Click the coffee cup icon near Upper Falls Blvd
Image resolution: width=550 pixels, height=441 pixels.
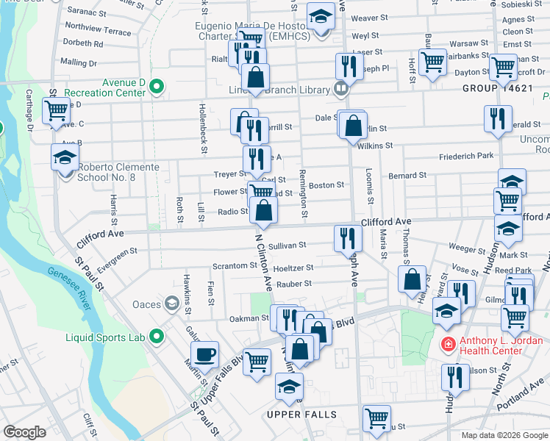pyautogui.click(x=207, y=354)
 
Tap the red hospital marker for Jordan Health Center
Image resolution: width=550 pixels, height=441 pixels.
pyautogui.click(x=447, y=344)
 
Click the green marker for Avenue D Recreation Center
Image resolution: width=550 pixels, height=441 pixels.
pyautogui.click(x=156, y=87)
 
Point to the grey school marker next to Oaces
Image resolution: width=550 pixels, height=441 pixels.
pyautogui.click(x=171, y=304)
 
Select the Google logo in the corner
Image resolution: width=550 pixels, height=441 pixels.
pyautogui.click(x=24, y=432)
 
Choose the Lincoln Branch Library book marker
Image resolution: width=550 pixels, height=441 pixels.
pyautogui.click(x=340, y=90)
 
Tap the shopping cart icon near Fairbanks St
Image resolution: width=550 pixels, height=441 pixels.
pyautogui.click(x=432, y=62)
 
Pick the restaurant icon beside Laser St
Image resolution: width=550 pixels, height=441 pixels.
pyautogui.click(x=347, y=66)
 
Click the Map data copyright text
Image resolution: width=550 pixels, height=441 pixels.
pyautogui.click(x=504, y=435)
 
